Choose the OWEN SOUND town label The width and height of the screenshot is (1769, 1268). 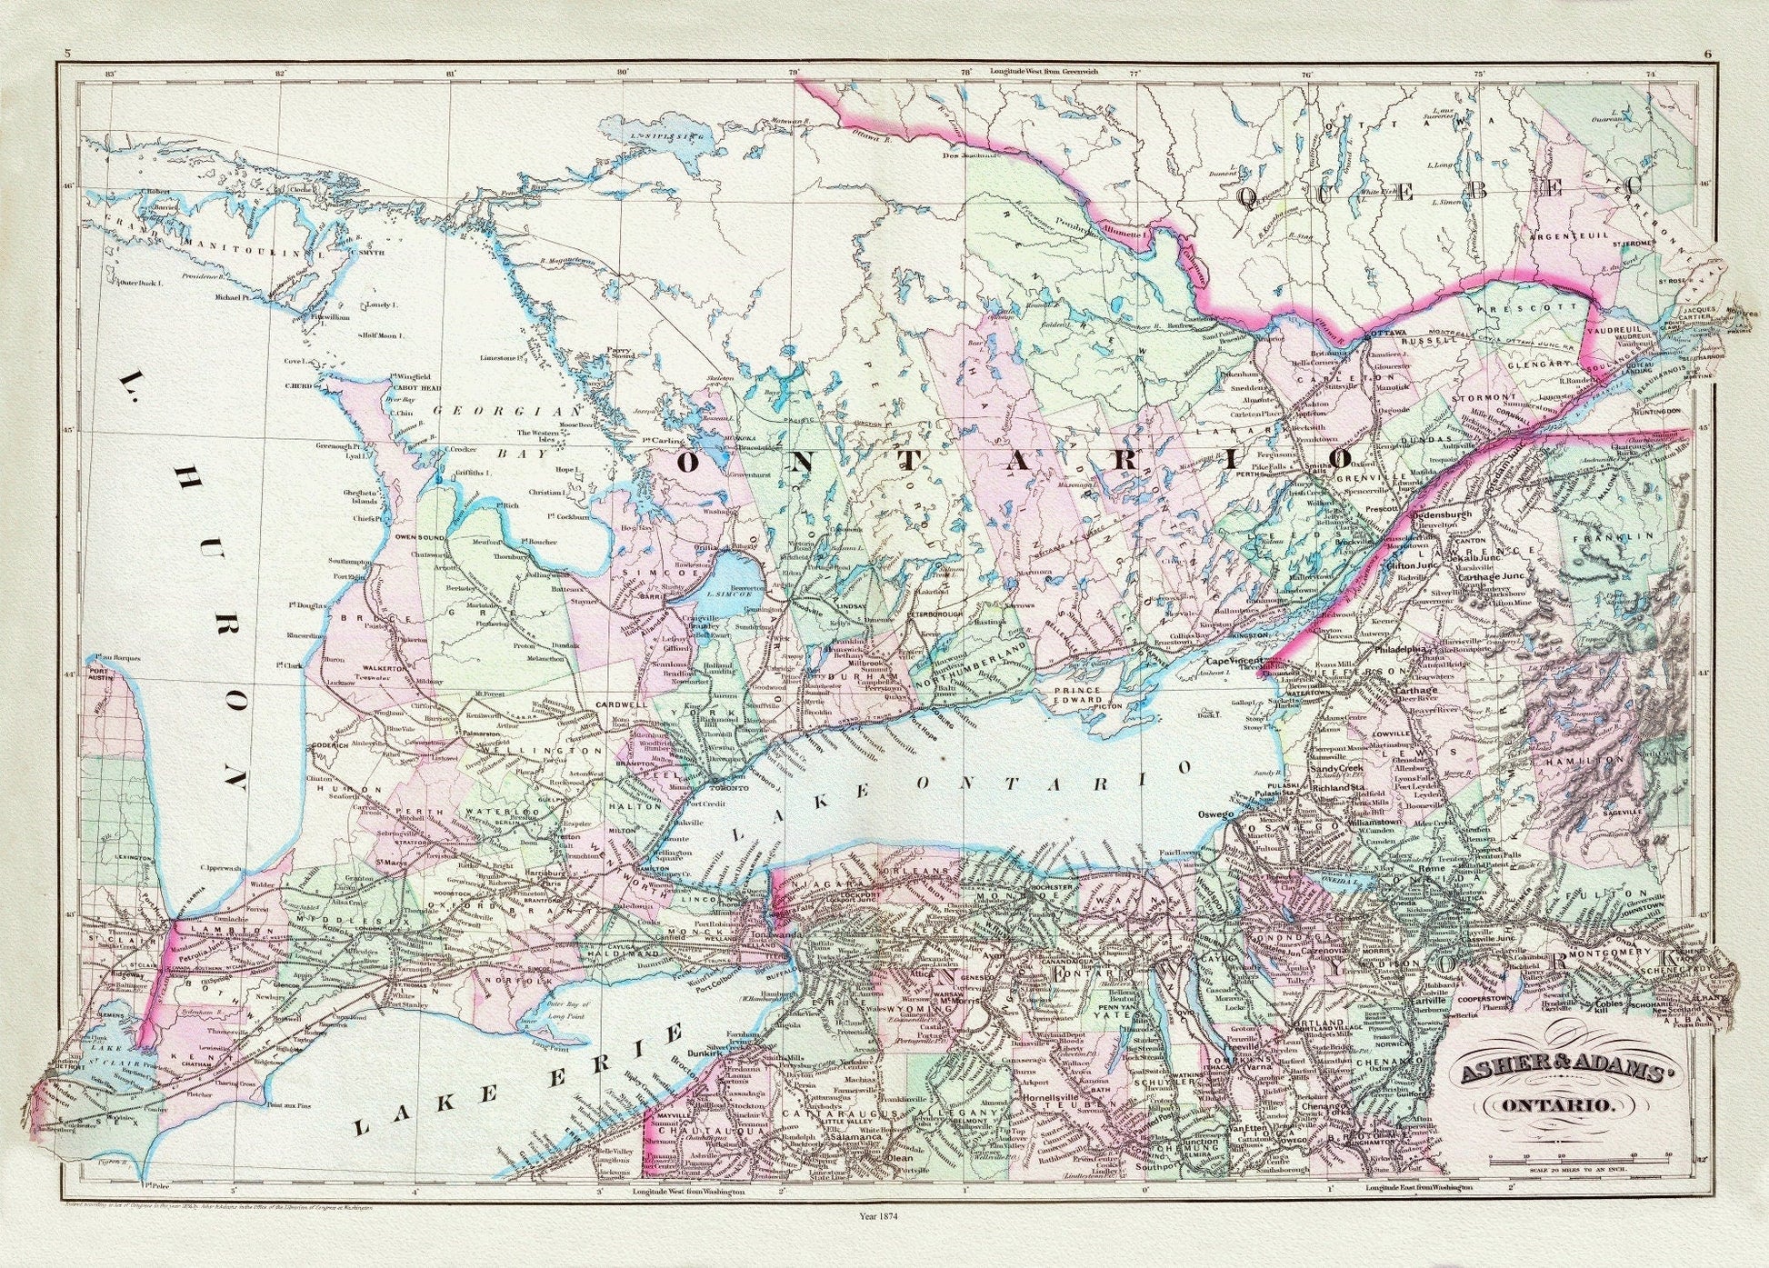tap(419, 537)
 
